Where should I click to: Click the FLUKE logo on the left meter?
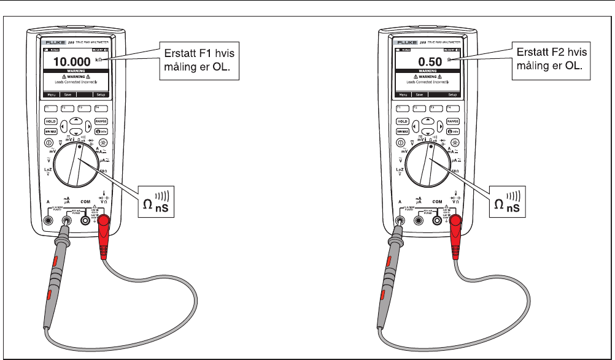[52, 42]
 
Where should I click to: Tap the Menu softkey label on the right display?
[403, 95]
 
